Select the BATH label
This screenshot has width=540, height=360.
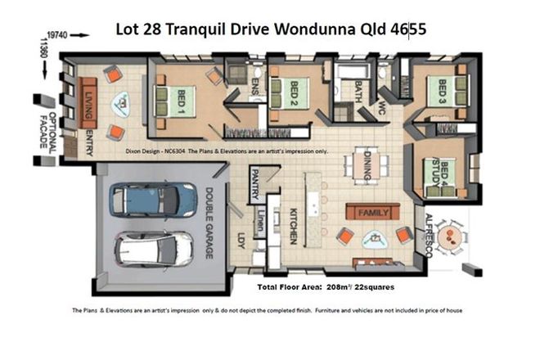tap(358, 101)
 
